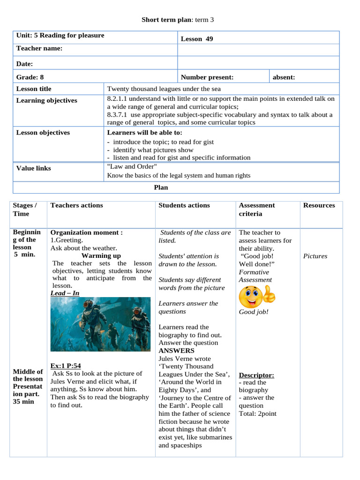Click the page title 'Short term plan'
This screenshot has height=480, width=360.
coord(166,20)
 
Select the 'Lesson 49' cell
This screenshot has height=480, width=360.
coord(197,39)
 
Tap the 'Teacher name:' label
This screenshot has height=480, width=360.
coord(39,48)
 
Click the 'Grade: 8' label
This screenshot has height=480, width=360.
coord(30,77)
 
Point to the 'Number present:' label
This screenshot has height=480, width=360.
coord(207,77)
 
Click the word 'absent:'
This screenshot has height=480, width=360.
coord(284,77)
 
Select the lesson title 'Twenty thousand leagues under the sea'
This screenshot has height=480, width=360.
coord(164,89)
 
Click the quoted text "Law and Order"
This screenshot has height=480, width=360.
coord(132,166)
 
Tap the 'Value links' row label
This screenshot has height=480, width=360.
coord(34,168)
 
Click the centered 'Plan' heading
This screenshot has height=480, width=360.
coord(161,187)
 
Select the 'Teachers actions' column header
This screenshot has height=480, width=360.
coord(76,205)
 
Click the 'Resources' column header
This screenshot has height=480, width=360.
coord(319,205)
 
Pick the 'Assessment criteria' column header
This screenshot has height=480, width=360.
coord(256,210)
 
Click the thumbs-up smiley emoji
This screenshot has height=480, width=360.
coord(257,296)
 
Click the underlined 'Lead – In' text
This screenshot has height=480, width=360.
coord(65,293)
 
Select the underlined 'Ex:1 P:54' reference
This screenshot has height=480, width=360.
coord(66,366)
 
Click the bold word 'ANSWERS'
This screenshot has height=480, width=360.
coord(176,351)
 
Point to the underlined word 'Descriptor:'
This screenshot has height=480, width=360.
coord(256,375)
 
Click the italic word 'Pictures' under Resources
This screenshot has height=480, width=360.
coord(315,256)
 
